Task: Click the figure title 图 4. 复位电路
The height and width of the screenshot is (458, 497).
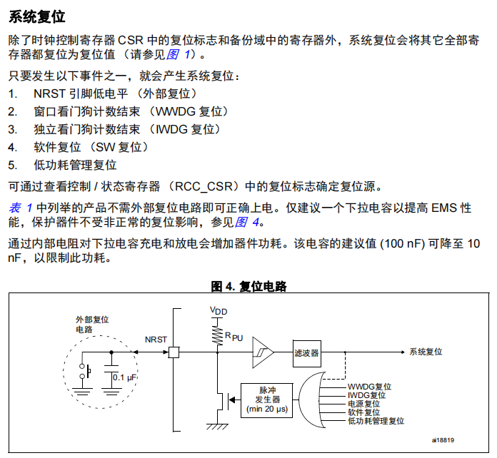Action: [x=248, y=286]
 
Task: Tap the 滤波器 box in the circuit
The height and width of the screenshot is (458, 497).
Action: [x=306, y=352]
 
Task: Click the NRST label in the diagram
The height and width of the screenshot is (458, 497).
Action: [x=156, y=340]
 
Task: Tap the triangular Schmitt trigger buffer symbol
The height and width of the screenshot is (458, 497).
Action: [x=262, y=352]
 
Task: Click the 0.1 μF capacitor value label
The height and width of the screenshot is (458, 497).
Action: [x=124, y=377]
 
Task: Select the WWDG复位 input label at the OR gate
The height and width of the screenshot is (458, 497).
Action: [x=370, y=386]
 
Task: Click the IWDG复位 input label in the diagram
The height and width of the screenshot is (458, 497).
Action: [x=367, y=395]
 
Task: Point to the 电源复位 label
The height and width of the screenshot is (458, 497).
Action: [x=364, y=403]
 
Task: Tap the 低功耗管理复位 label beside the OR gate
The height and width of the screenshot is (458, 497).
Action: [x=376, y=421]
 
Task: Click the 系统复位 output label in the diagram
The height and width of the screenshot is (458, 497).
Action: [x=426, y=352]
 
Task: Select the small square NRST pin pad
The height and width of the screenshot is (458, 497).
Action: [x=173, y=352]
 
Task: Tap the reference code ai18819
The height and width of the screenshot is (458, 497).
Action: [x=443, y=440]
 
